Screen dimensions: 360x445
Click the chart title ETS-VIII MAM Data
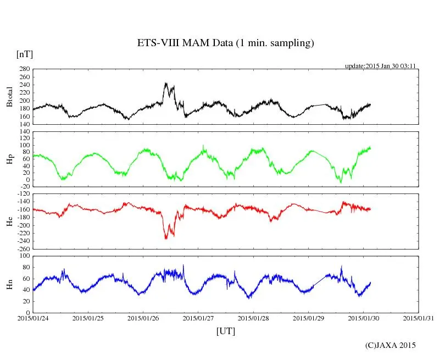point(225,43)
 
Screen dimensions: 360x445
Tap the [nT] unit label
point(24,54)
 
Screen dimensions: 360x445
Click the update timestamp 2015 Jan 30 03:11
point(380,65)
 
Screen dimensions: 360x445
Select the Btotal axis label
point(10,97)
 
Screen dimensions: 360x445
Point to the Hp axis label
point(10,159)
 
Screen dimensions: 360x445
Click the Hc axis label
point(10,221)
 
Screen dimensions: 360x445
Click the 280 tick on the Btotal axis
point(24,69)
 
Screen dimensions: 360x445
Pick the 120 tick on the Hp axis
point(24,131)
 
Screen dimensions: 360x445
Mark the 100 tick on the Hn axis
point(24,256)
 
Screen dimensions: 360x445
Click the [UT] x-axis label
point(225,331)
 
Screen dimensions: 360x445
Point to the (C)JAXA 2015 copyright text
point(391,345)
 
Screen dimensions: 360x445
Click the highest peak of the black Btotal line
point(165,83)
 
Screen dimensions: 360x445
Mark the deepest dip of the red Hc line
point(166,239)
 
